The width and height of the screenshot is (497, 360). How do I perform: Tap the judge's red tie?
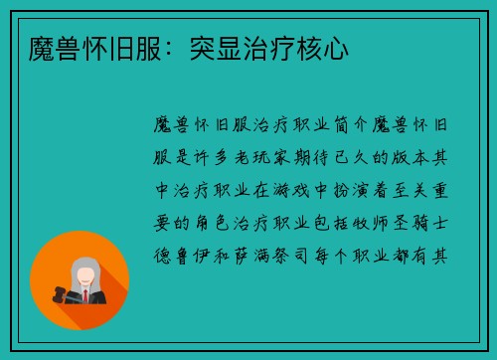click(85, 295)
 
